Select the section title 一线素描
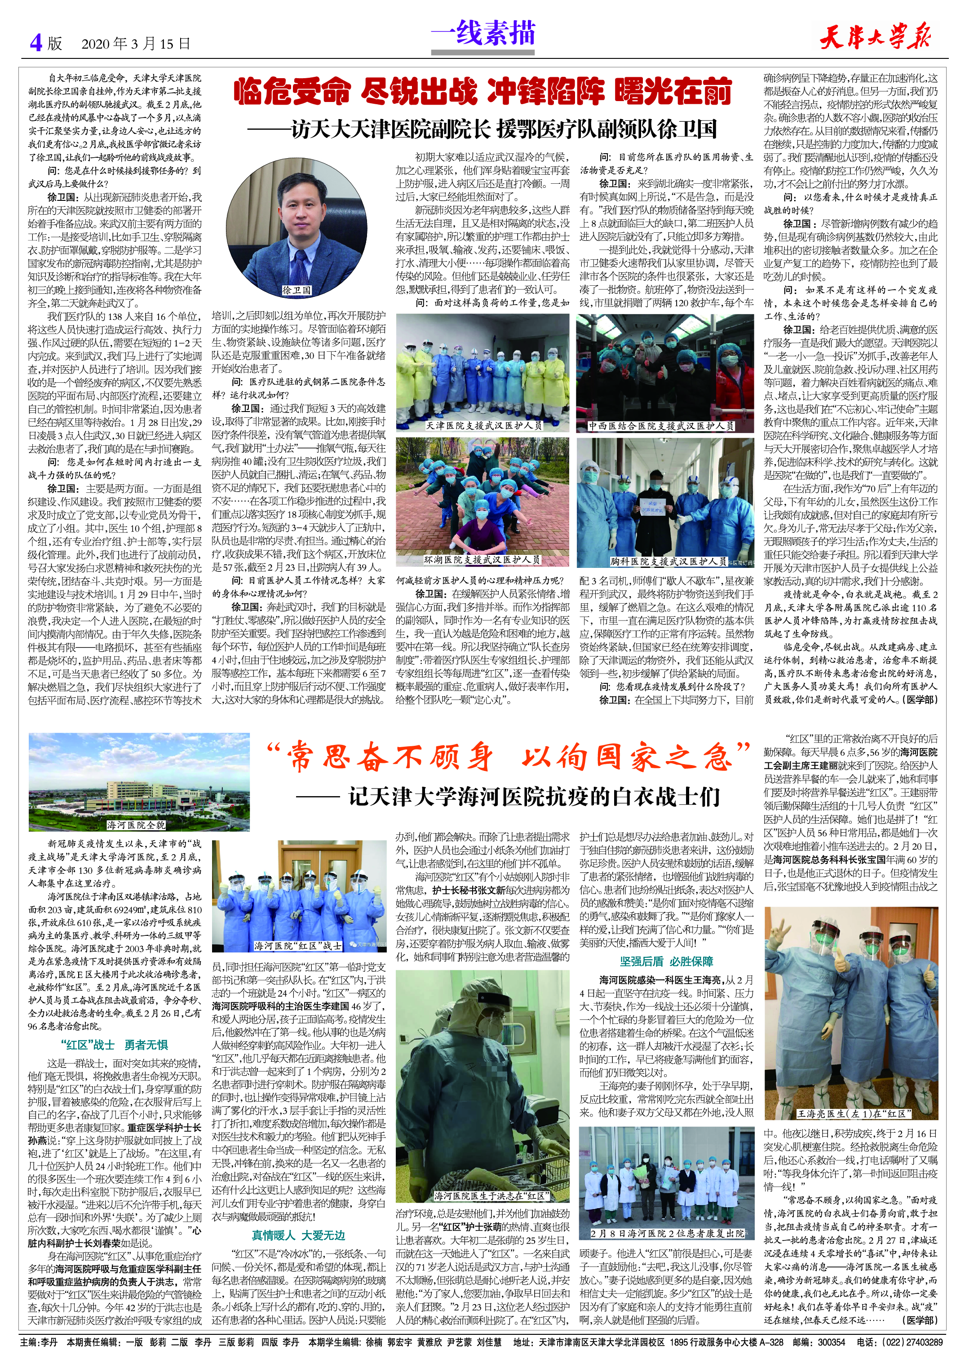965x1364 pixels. click(x=482, y=33)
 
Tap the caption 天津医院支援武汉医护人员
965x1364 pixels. click(x=484, y=425)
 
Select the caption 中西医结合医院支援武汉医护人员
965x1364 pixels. click(x=661, y=426)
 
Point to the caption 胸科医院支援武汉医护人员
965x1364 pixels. click(x=668, y=561)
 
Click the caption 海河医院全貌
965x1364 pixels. click(x=136, y=824)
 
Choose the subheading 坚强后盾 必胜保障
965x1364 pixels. click(x=666, y=961)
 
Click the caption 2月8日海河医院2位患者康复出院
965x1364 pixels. click(x=667, y=1229)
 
